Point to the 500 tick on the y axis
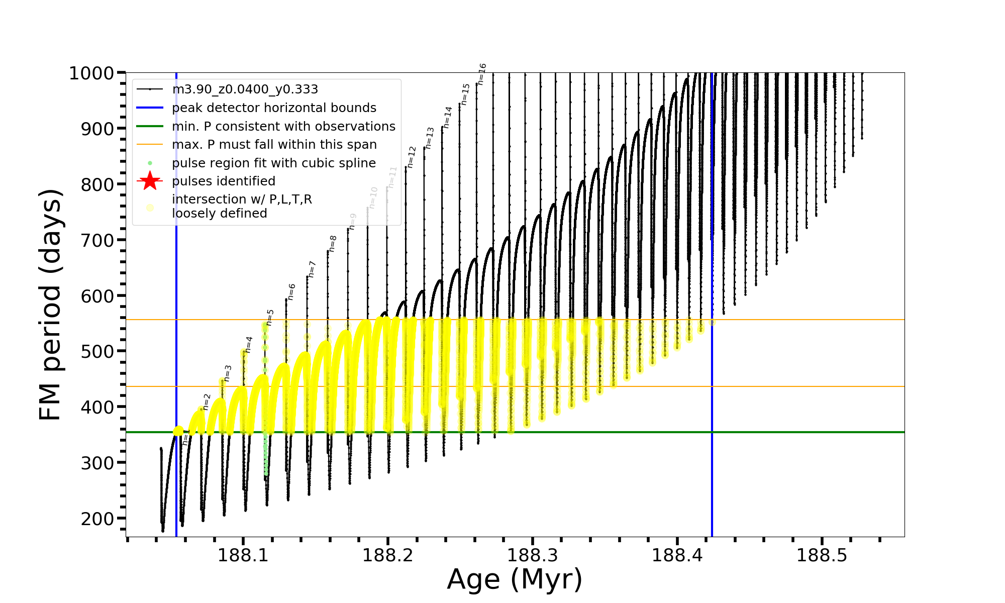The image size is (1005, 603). pos(97,351)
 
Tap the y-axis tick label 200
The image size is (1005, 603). pos(97,519)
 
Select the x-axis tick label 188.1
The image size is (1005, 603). pos(243,555)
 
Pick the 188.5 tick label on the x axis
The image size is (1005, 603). pos(822,555)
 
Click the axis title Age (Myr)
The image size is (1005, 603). pos(515,579)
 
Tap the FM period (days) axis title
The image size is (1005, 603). pos(50,305)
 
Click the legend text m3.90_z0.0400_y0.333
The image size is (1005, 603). pos(245,89)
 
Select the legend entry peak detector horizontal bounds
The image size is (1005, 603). pos(274,108)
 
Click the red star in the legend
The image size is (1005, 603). pos(150,181)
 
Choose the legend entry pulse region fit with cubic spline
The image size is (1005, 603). pos(273,163)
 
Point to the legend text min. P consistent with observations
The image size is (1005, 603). pos(283,127)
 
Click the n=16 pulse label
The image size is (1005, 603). pos(482,74)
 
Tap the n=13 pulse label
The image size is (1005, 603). pos(430,138)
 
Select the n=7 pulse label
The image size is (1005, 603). pos(312,269)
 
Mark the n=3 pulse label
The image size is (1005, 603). pos(228,373)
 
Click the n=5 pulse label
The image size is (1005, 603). pos(270,318)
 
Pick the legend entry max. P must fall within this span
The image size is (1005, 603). pos(274,145)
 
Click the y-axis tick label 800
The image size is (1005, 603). pos(97,184)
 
